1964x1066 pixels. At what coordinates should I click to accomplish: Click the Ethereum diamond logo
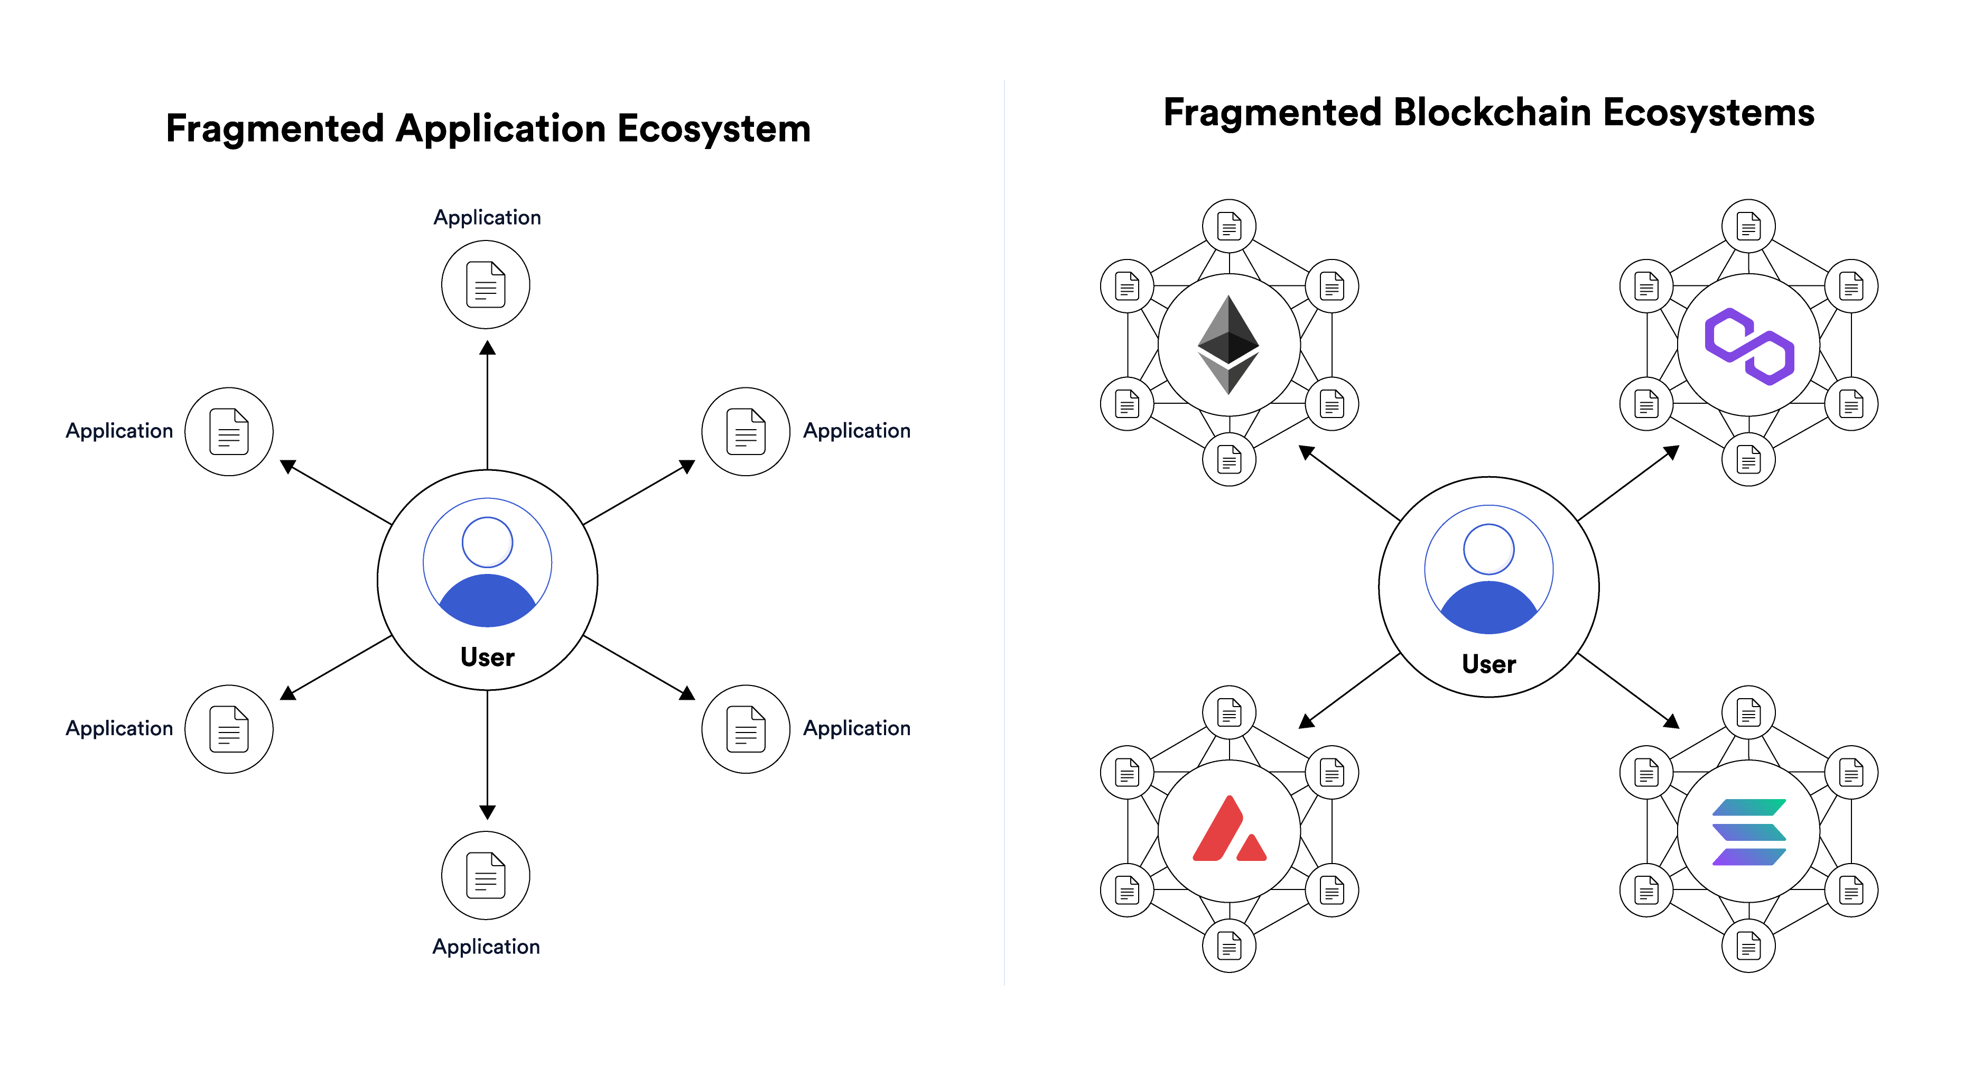point(1228,345)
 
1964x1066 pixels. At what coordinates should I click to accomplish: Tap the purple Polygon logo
point(1749,346)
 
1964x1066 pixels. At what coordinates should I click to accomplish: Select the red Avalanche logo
point(1228,831)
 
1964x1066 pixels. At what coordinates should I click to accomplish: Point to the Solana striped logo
point(1749,832)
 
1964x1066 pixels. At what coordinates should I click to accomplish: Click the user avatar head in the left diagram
point(487,542)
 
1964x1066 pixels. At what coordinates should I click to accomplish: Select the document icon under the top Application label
point(486,284)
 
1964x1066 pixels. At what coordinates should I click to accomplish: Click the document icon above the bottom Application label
point(486,875)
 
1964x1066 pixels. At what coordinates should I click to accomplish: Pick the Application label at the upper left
point(119,431)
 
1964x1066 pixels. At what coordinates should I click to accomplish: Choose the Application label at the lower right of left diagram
point(856,728)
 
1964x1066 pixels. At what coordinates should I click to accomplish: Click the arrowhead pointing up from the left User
point(487,348)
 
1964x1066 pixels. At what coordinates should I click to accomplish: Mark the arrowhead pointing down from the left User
point(487,812)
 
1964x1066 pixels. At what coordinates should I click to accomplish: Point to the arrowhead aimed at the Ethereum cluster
point(1306,452)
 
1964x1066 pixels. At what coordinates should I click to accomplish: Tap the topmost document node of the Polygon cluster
point(1748,226)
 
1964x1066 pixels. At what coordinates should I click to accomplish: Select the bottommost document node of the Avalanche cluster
point(1229,946)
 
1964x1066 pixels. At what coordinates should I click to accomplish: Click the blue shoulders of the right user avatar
point(1488,610)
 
